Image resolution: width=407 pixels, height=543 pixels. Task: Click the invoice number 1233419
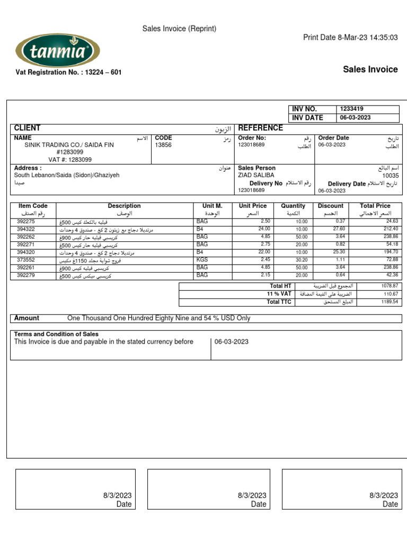[x=352, y=109]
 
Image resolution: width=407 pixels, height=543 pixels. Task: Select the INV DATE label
[x=307, y=118]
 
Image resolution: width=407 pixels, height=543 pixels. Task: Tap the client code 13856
[x=163, y=145]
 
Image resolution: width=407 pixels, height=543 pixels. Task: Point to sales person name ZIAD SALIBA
[x=256, y=175]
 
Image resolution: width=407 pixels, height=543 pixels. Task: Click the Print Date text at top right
[x=350, y=37]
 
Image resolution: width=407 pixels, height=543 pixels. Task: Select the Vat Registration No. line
[x=68, y=72]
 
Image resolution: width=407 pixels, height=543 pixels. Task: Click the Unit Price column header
[x=253, y=206]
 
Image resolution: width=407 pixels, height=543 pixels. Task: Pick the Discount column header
[x=330, y=206]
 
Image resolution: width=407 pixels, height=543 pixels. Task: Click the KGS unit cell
[x=202, y=260]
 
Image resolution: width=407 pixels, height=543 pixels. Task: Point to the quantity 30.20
[x=301, y=260]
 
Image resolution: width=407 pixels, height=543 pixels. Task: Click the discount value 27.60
[x=338, y=229]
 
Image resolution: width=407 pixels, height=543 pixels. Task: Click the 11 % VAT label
[x=279, y=294]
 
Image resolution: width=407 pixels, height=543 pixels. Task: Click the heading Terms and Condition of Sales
[x=56, y=334]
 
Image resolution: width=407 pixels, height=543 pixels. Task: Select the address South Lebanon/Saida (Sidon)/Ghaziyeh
[x=67, y=175]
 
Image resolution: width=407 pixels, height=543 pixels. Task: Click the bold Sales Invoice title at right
[x=370, y=69]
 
